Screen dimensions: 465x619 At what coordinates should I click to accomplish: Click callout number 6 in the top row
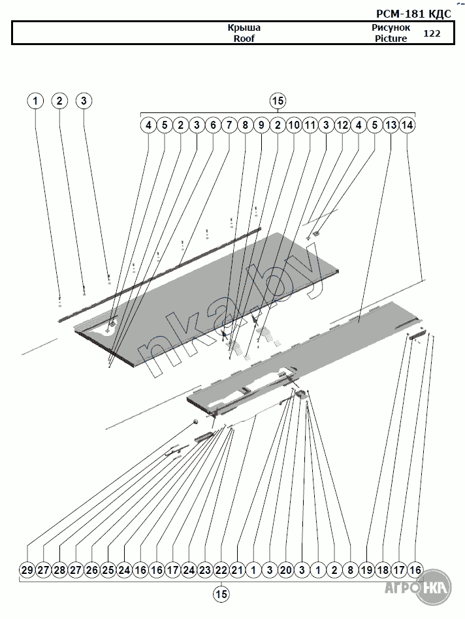[213, 125]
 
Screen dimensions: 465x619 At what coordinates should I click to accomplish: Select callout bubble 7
[229, 125]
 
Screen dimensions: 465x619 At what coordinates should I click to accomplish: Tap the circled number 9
[261, 125]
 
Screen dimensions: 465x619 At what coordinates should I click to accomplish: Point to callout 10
[294, 125]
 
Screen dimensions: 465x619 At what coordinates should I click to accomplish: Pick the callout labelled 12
[342, 125]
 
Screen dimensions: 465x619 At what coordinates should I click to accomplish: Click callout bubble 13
[391, 125]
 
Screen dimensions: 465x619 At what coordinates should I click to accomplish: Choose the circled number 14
[407, 125]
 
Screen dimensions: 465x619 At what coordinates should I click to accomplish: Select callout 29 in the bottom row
[27, 570]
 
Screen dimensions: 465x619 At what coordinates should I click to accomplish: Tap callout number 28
[59, 570]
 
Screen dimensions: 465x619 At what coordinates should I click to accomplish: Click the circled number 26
[92, 570]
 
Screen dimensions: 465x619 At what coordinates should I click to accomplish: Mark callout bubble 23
[205, 570]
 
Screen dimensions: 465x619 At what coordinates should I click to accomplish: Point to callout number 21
[237, 570]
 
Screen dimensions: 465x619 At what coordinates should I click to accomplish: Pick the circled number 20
[285, 570]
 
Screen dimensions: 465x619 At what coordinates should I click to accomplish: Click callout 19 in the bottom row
[366, 570]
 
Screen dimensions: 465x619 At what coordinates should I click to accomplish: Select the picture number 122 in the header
[432, 33]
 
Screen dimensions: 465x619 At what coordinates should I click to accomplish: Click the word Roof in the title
[244, 39]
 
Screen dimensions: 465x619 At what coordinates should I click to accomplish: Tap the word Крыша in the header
[244, 28]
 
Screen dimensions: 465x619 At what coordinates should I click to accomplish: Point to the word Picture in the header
[391, 39]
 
